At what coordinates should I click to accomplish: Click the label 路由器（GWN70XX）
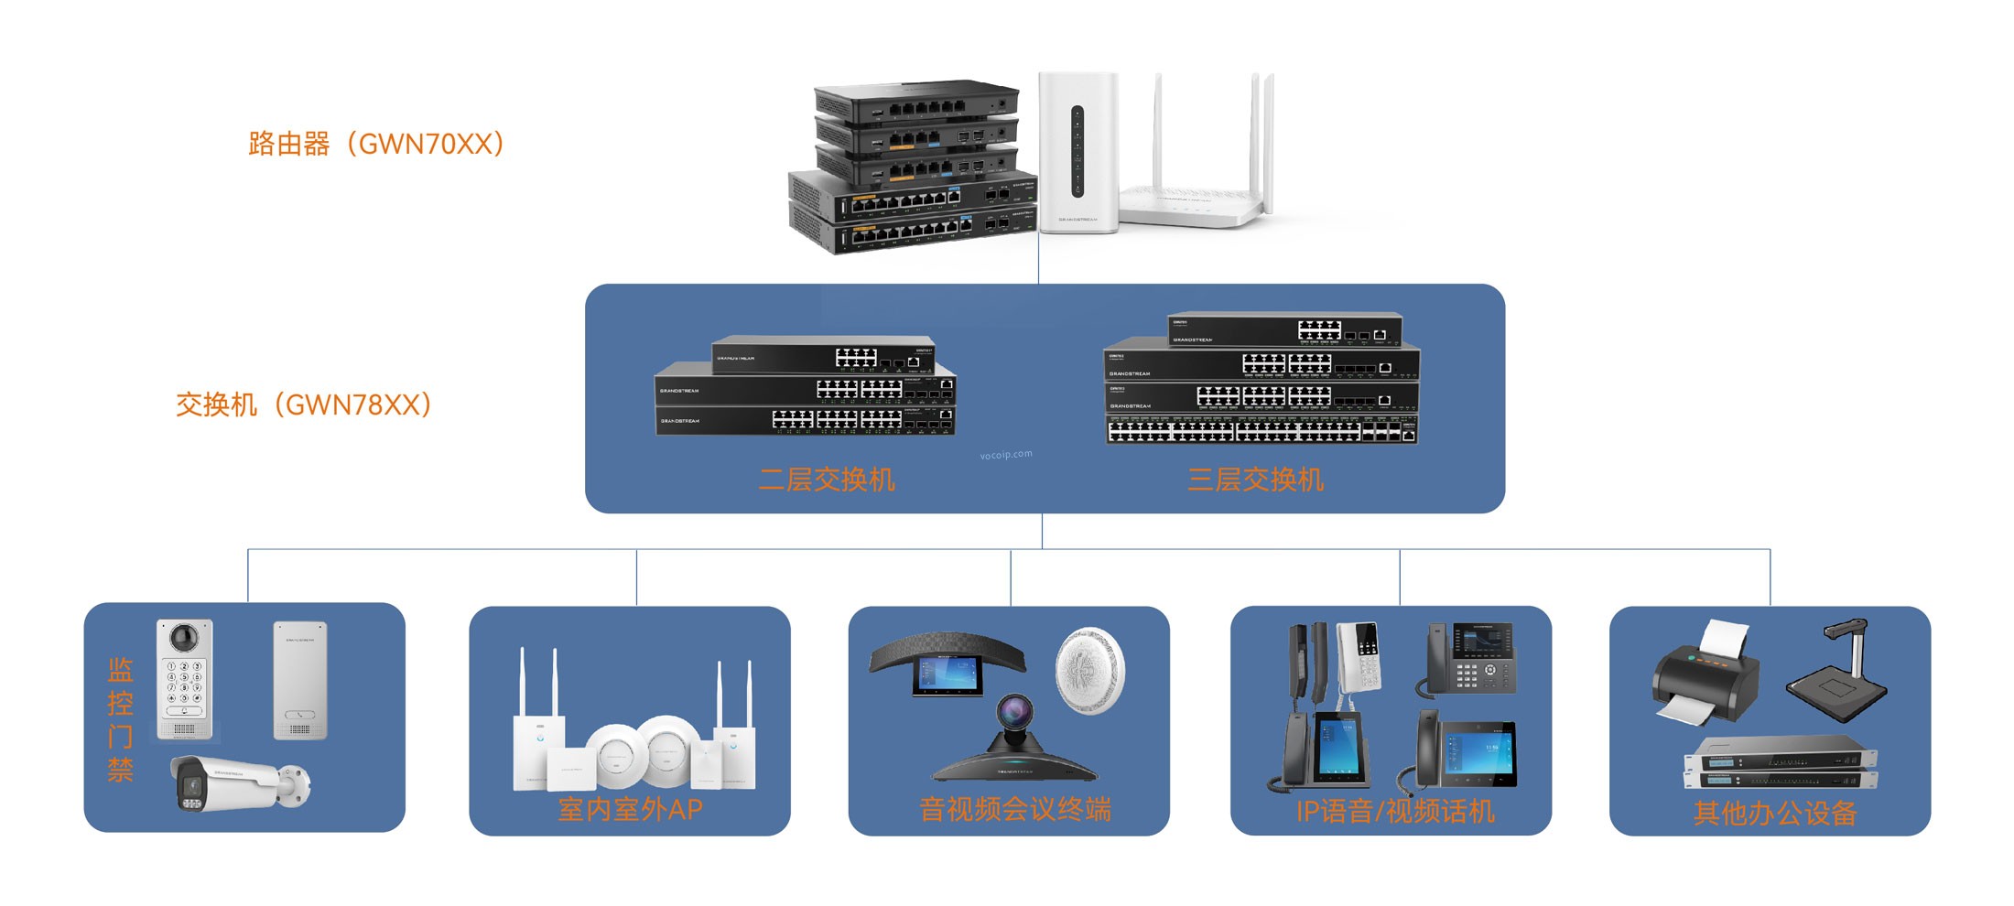[x=376, y=144]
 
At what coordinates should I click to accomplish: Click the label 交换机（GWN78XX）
[x=304, y=404]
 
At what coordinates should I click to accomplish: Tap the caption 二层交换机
[x=827, y=480]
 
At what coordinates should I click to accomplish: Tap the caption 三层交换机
[x=1255, y=480]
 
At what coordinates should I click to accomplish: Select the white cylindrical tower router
[x=1078, y=152]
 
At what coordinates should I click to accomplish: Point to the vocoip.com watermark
[x=1005, y=454]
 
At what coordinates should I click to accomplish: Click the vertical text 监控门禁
[x=120, y=719]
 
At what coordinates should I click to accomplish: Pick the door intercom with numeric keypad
[x=185, y=679]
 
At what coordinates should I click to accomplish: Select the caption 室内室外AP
[x=630, y=809]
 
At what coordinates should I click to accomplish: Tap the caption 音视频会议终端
[x=1014, y=809]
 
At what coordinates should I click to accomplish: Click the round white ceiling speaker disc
[x=1089, y=671]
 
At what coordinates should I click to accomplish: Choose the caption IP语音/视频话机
[x=1394, y=811]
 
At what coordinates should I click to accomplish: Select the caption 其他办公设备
[x=1774, y=813]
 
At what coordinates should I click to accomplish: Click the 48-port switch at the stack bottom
[x=1261, y=430]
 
